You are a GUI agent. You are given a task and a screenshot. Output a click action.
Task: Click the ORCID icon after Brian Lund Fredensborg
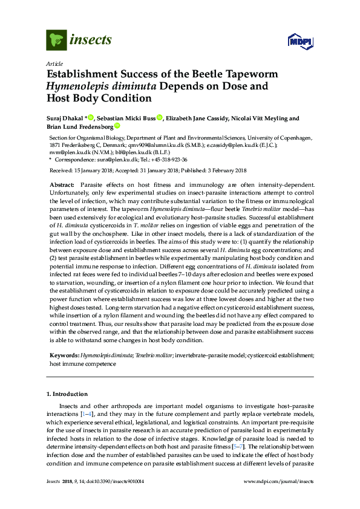[117, 127]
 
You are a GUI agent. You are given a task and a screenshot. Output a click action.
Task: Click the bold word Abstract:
[62, 183]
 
